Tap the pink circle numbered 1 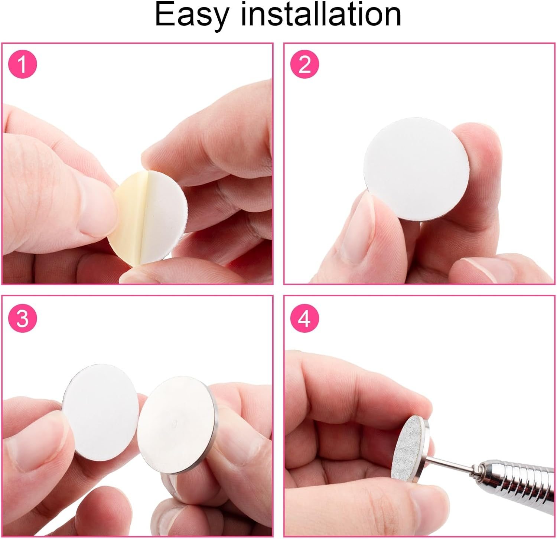click(23, 65)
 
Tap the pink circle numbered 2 click(304, 65)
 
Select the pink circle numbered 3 click(23, 318)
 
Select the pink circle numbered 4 click(304, 318)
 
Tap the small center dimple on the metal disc click(175, 422)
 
